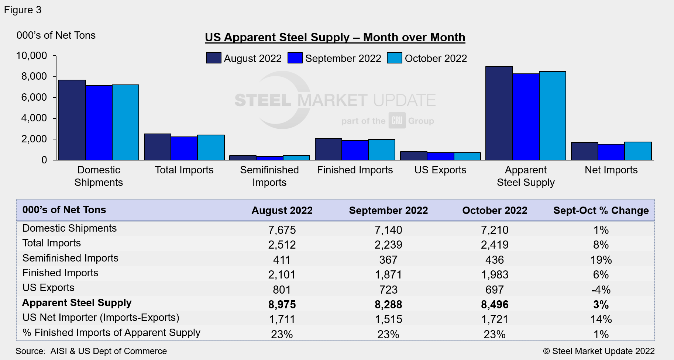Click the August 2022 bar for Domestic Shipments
(x=72, y=120)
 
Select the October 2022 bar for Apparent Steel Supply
(x=552, y=116)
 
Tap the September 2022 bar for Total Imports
(x=184, y=148)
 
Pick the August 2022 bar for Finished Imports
(x=328, y=149)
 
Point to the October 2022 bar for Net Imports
(x=638, y=151)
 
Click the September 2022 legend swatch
(x=295, y=58)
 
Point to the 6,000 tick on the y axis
(x=34, y=97)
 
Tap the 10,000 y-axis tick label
(x=32, y=56)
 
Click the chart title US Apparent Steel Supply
(x=335, y=37)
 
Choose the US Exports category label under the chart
(x=440, y=170)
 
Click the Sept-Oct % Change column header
(x=601, y=211)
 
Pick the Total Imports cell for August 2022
(x=282, y=245)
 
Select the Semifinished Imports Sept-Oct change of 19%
(x=601, y=260)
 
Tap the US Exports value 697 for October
(x=495, y=290)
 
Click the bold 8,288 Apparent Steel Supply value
(x=388, y=305)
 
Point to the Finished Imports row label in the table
(x=61, y=273)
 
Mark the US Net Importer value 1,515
(x=388, y=319)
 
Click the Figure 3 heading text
(x=23, y=10)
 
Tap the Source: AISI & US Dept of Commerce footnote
(x=91, y=351)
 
